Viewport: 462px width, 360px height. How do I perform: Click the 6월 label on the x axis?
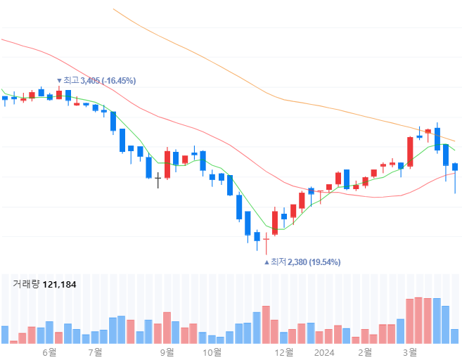click(x=49, y=352)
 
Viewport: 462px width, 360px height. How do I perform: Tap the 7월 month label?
click(x=95, y=352)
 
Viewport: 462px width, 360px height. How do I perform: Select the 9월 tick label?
click(x=167, y=352)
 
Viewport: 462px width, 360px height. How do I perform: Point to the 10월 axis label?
click(x=212, y=352)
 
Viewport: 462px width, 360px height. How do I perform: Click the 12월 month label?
click(x=284, y=352)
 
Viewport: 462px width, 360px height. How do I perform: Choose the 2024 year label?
click(x=324, y=352)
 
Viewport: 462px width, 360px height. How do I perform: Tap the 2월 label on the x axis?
click(x=365, y=352)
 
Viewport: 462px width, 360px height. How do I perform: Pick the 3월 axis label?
click(x=410, y=352)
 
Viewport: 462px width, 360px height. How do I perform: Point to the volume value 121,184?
click(x=60, y=285)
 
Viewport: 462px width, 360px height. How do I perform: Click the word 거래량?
click(x=26, y=285)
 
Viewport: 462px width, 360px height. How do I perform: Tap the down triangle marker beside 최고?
click(x=59, y=81)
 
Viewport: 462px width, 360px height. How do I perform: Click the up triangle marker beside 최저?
click(x=267, y=262)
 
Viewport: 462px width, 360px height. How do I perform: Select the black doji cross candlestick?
click(x=158, y=180)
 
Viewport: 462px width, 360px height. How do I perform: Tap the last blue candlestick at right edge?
click(x=455, y=167)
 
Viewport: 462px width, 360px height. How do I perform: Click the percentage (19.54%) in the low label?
click(x=324, y=262)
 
